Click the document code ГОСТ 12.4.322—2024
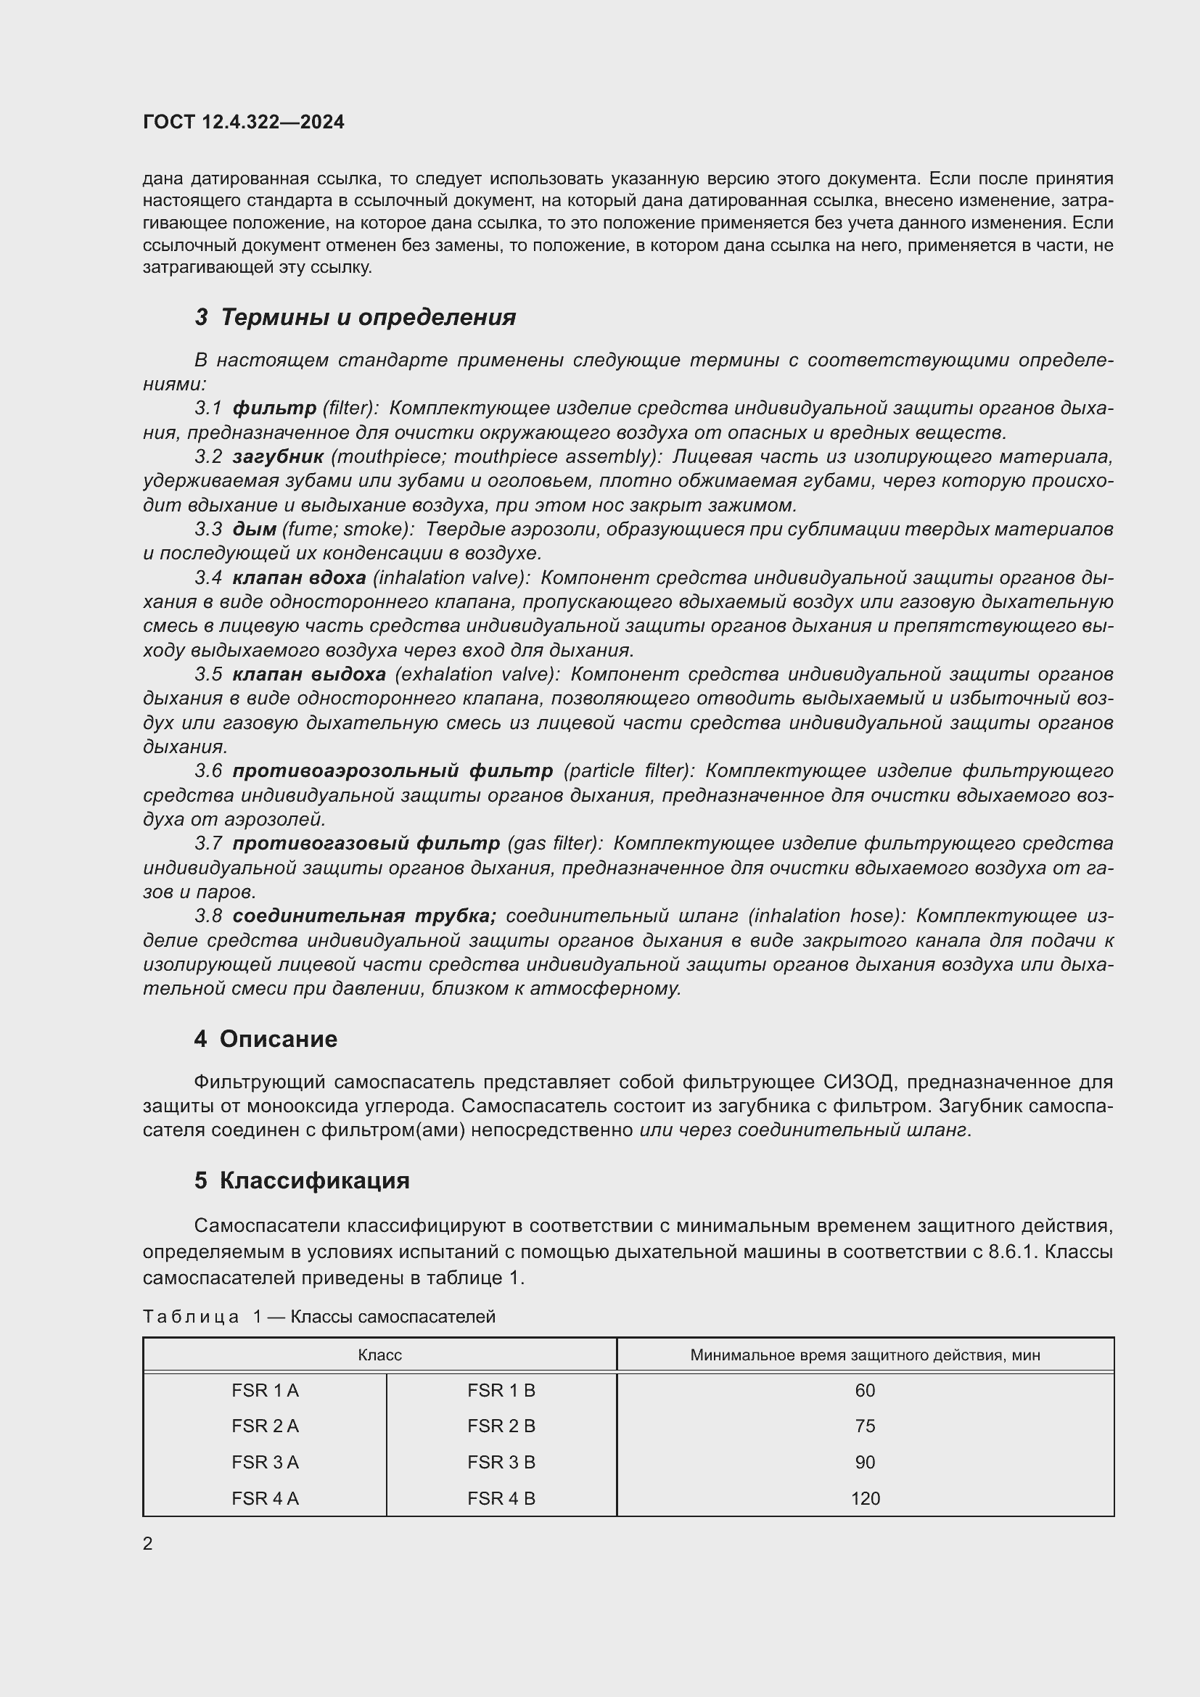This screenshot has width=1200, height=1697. coord(243,122)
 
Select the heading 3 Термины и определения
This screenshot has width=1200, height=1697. coord(355,317)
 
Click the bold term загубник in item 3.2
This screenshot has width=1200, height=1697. coord(278,457)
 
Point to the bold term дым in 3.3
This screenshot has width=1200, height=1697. coord(254,529)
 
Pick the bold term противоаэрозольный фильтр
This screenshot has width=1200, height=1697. coord(393,771)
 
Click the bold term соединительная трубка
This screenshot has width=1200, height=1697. coord(363,916)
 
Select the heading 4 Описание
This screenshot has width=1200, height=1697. coord(266,1038)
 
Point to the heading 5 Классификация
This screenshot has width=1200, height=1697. coord(302,1180)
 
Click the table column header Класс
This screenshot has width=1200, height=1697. coord(379,1355)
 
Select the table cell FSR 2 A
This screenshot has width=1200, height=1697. coord(265,1426)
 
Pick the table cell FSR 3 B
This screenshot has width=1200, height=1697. coord(501,1462)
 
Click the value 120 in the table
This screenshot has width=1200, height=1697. coord(865,1498)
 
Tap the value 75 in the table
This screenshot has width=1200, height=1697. coord(865,1426)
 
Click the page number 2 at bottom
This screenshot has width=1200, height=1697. coord(148,1543)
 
